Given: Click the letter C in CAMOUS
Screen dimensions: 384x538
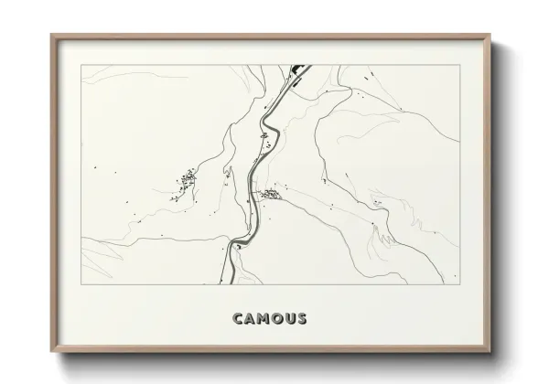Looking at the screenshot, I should pos(238,319).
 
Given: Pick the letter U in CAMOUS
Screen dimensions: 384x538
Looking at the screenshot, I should pos(291,319).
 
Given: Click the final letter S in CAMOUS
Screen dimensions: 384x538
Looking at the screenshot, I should pos(302,319).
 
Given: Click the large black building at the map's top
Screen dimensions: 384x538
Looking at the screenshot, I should pos(298,69).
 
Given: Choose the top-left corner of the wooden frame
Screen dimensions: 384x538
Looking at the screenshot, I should pos(51,35).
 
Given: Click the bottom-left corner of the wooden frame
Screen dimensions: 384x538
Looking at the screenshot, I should pos(51,353).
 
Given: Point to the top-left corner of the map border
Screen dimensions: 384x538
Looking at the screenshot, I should pos(81,64).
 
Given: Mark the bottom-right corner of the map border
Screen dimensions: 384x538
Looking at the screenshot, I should pos(457,283).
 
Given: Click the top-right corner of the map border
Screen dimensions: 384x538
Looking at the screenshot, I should pos(457,64).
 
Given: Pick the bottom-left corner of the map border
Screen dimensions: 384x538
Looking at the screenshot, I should pos(81,283).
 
